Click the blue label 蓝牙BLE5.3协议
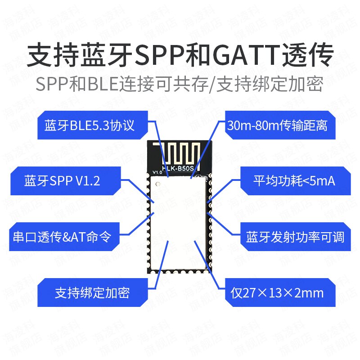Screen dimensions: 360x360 [93, 125]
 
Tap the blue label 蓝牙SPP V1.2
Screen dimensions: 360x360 [66, 181]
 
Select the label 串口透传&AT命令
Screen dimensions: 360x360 [64, 237]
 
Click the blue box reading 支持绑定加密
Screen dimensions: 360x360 [93, 292]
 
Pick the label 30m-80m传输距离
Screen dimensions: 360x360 [280, 125]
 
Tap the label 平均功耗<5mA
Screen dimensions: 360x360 [296, 181]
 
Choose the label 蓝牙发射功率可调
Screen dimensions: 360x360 [296, 237]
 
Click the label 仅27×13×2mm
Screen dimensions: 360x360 [280, 292]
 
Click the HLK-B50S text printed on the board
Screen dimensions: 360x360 [178, 168]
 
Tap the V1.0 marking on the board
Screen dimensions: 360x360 [157, 172]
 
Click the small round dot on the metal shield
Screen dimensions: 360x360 [158, 184]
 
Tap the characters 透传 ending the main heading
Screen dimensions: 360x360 [307, 55]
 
